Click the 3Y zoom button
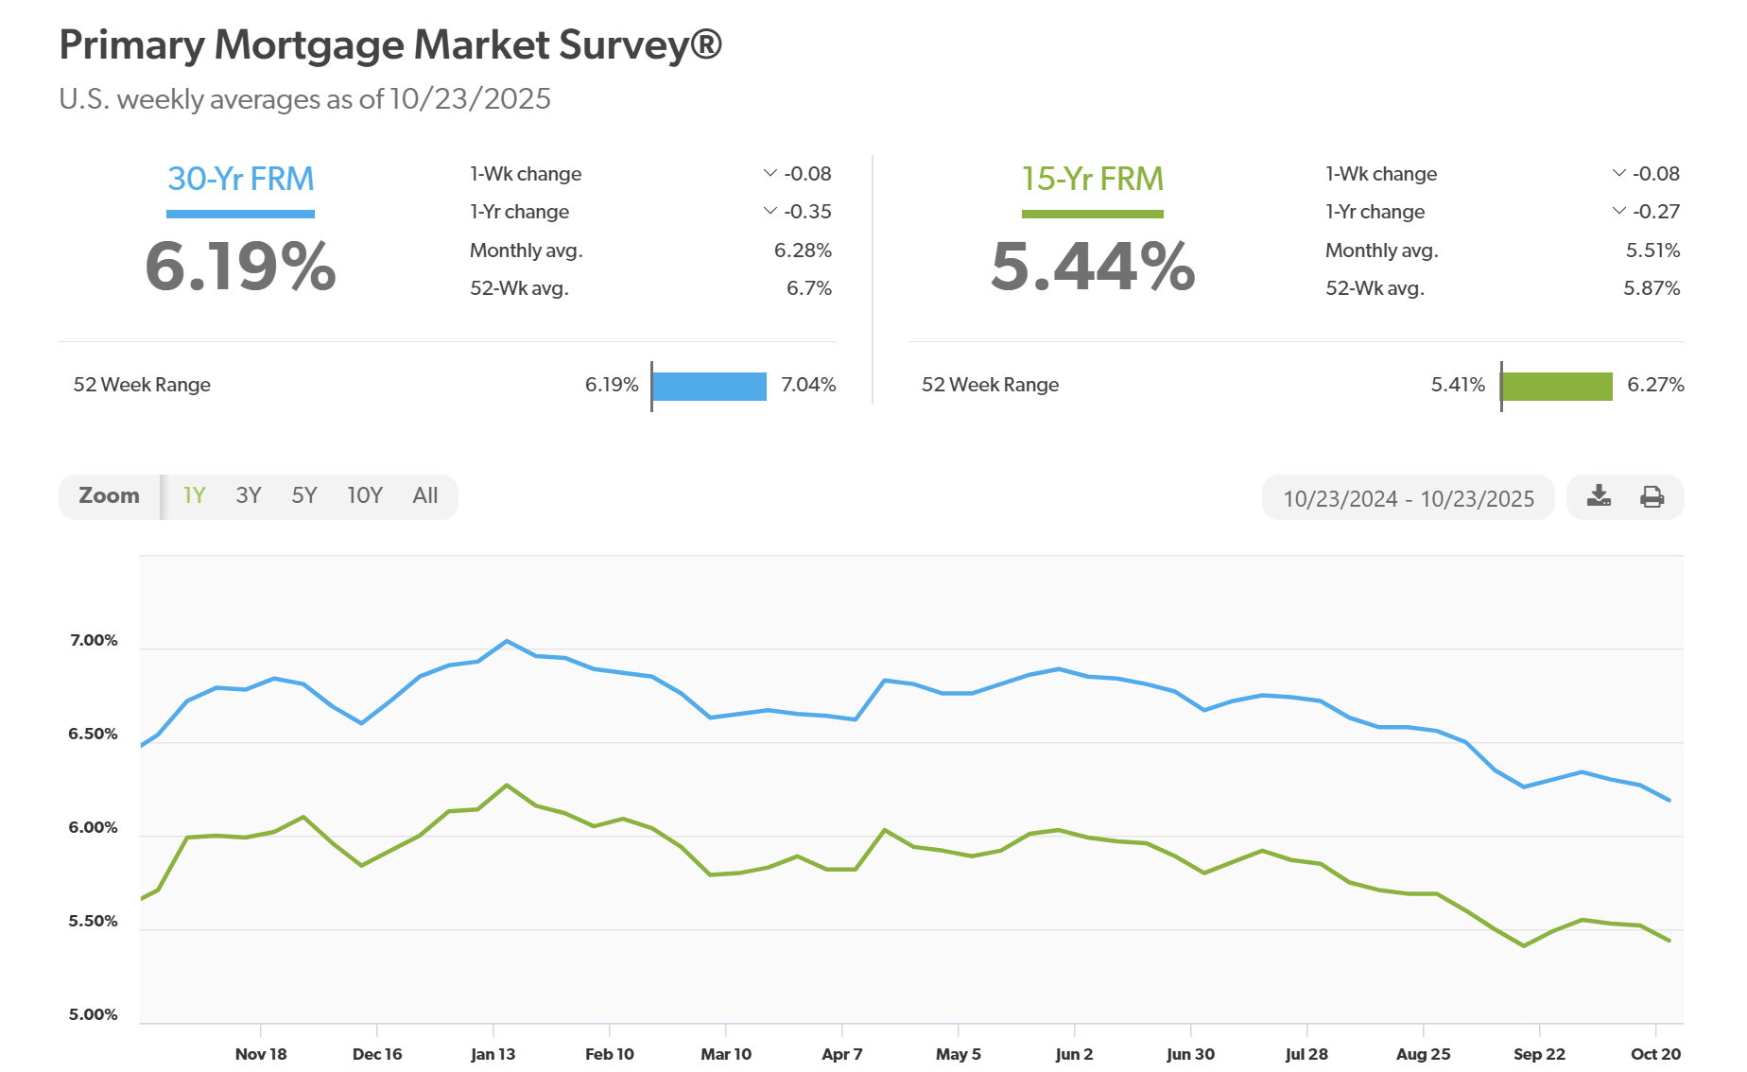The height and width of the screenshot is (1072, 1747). click(x=249, y=496)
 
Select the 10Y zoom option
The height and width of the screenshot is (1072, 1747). click(x=365, y=496)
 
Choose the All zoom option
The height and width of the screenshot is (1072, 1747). click(x=425, y=496)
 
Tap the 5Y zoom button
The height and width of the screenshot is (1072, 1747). click(x=304, y=496)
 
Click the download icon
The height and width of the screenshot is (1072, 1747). click(x=1599, y=496)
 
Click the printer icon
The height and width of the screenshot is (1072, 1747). click(x=1652, y=496)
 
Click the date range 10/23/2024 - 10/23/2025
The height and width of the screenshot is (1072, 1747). click(x=1409, y=498)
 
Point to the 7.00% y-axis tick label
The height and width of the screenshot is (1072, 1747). click(x=94, y=641)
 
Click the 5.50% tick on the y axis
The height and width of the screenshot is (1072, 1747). click(x=94, y=922)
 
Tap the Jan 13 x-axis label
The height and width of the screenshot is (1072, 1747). click(x=493, y=1054)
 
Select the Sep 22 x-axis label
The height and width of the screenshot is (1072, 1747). click(x=1539, y=1054)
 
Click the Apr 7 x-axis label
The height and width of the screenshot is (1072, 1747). click(x=841, y=1054)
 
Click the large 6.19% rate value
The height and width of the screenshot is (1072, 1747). click(x=241, y=267)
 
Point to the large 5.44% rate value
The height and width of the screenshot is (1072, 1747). click(x=1093, y=267)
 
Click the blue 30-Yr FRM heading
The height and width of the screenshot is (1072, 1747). click(x=241, y=179)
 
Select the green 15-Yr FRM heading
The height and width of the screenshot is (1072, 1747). click(x=1093, y=179)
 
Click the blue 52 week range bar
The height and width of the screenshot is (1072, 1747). click(x=709, y=386)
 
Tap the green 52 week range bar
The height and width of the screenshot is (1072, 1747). click(x=1557, y=386)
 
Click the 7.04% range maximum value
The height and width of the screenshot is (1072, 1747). click(x=808, y=385)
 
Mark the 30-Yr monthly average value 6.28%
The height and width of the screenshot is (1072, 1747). click(x=803, y=251)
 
